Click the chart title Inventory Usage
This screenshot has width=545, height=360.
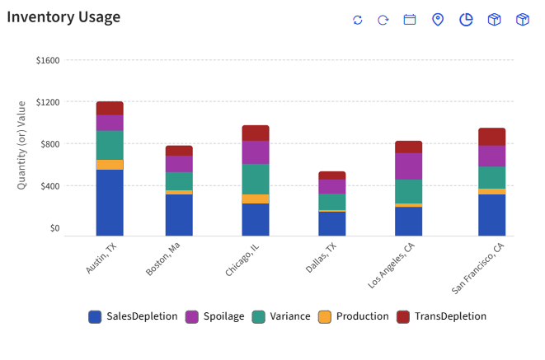[x=63, y=17]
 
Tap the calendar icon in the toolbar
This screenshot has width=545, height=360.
[x=410, y=20]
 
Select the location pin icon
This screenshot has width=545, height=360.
[x=438, y=20]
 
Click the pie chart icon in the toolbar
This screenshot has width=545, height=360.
[x=466, y=20]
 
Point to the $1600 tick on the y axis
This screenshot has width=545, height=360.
[x=48, y=60]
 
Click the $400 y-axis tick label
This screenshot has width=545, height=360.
[x=48, y=186]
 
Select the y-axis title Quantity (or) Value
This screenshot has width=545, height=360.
[x=22, y=145]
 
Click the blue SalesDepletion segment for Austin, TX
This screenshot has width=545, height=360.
[x=110, y=203]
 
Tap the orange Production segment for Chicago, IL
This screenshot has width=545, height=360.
[x=256, y=199]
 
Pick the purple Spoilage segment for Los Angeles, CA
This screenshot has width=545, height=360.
[x=408, y=166]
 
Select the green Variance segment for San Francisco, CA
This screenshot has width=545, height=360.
[x=491, y=178]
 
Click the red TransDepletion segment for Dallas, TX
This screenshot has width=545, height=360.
[x=331, y=175]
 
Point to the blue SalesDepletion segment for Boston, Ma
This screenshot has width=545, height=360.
[x=179, y=215]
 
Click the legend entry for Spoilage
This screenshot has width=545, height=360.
[x=214, y=316]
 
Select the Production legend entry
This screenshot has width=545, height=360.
[x=353, y=316]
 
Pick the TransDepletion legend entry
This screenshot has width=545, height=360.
[x=441, y=316]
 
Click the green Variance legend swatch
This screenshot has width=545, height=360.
[x=258, y=316]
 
